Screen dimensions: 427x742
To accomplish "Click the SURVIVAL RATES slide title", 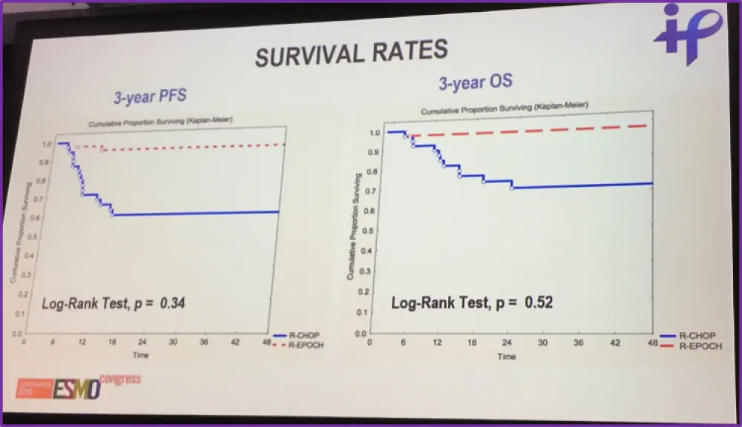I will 351,53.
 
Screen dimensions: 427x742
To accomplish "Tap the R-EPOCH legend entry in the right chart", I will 701,345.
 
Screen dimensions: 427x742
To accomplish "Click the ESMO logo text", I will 76,388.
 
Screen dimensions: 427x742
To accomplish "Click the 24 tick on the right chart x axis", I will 508,343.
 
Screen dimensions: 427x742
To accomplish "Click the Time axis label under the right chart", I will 507,357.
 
